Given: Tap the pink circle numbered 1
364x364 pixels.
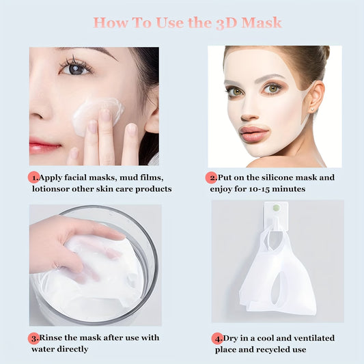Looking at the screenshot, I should [x=33, y=178].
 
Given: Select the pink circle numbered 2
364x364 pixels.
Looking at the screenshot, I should [x=212, y=178].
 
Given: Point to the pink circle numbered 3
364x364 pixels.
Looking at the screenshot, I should [x=33, y=337].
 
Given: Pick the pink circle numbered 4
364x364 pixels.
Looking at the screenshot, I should [x=217, y=337].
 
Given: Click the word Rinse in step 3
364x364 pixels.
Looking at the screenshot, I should [x=52, y=337].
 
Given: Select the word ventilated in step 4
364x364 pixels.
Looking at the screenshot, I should [x=309, y=337].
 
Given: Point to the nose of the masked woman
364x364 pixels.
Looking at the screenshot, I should [x=251, y=109].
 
